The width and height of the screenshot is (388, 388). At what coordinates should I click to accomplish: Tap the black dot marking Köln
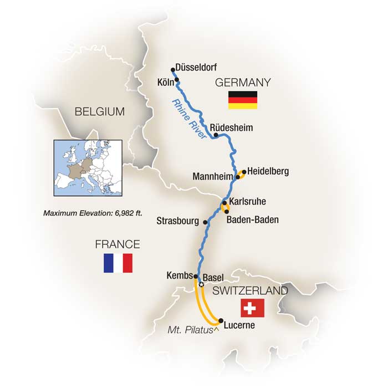click(x=177, y=80)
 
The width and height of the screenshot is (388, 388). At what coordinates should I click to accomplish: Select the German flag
click(x=242, y=100)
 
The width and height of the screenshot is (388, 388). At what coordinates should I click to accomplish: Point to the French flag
click(x=118, y=263)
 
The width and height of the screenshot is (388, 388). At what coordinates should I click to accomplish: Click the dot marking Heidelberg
click(x=243, y=172)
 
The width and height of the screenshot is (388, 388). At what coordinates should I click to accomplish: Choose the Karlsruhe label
click(x=247, y=202)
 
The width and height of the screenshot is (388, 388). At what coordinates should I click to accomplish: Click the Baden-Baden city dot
click(x=226, y=212)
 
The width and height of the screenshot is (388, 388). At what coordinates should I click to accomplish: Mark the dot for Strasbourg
click(x=206, y=222)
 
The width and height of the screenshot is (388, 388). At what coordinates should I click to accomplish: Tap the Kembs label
click(x=178, y=275)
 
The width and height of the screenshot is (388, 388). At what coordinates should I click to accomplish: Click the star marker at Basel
click(x=201, y=284)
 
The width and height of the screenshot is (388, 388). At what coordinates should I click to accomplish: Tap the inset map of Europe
click(x=83, y=167)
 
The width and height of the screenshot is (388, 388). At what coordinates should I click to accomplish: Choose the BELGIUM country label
click(x=99, y=113)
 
